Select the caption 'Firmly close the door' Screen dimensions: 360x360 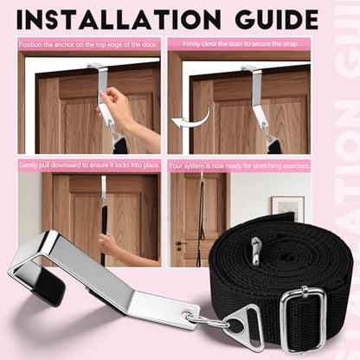241,44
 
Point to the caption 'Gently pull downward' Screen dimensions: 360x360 89,165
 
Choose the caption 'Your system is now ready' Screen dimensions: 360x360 240,166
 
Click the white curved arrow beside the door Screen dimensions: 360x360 191,119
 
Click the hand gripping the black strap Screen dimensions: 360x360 107,243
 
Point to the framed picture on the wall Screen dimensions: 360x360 287,209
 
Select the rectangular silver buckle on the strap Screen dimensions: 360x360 303,318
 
